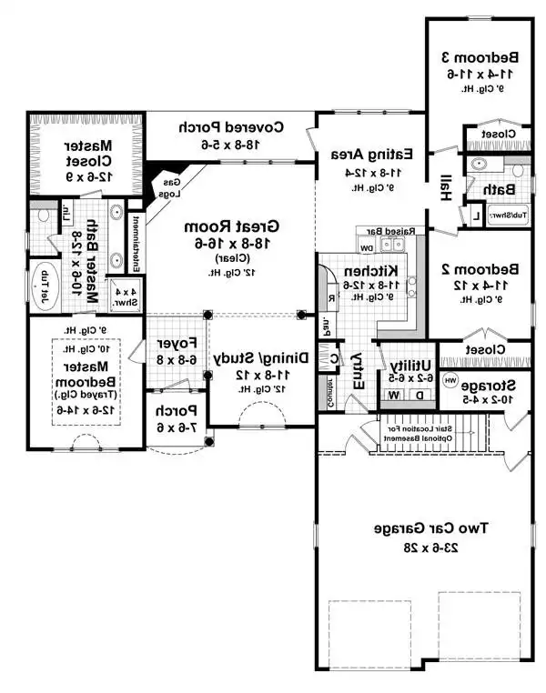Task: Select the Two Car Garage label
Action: [x=426, y=527]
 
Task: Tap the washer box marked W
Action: [x=394, y=395]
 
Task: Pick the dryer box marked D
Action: [x=420, y=395]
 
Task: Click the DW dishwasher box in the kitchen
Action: [x=367, y=246]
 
